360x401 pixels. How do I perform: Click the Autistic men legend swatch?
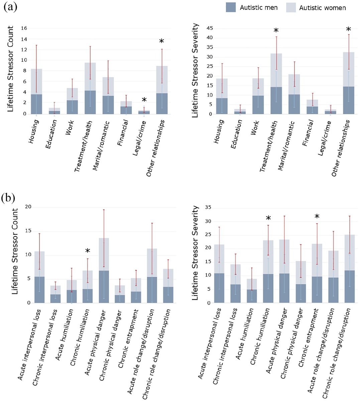(231, 7)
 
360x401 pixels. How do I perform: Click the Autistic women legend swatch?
(291, 7)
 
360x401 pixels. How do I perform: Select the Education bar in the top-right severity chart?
(240, 112)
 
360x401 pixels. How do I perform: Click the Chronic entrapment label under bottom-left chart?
(128, 334)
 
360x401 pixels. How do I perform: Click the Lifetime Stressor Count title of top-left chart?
(11, 69)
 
